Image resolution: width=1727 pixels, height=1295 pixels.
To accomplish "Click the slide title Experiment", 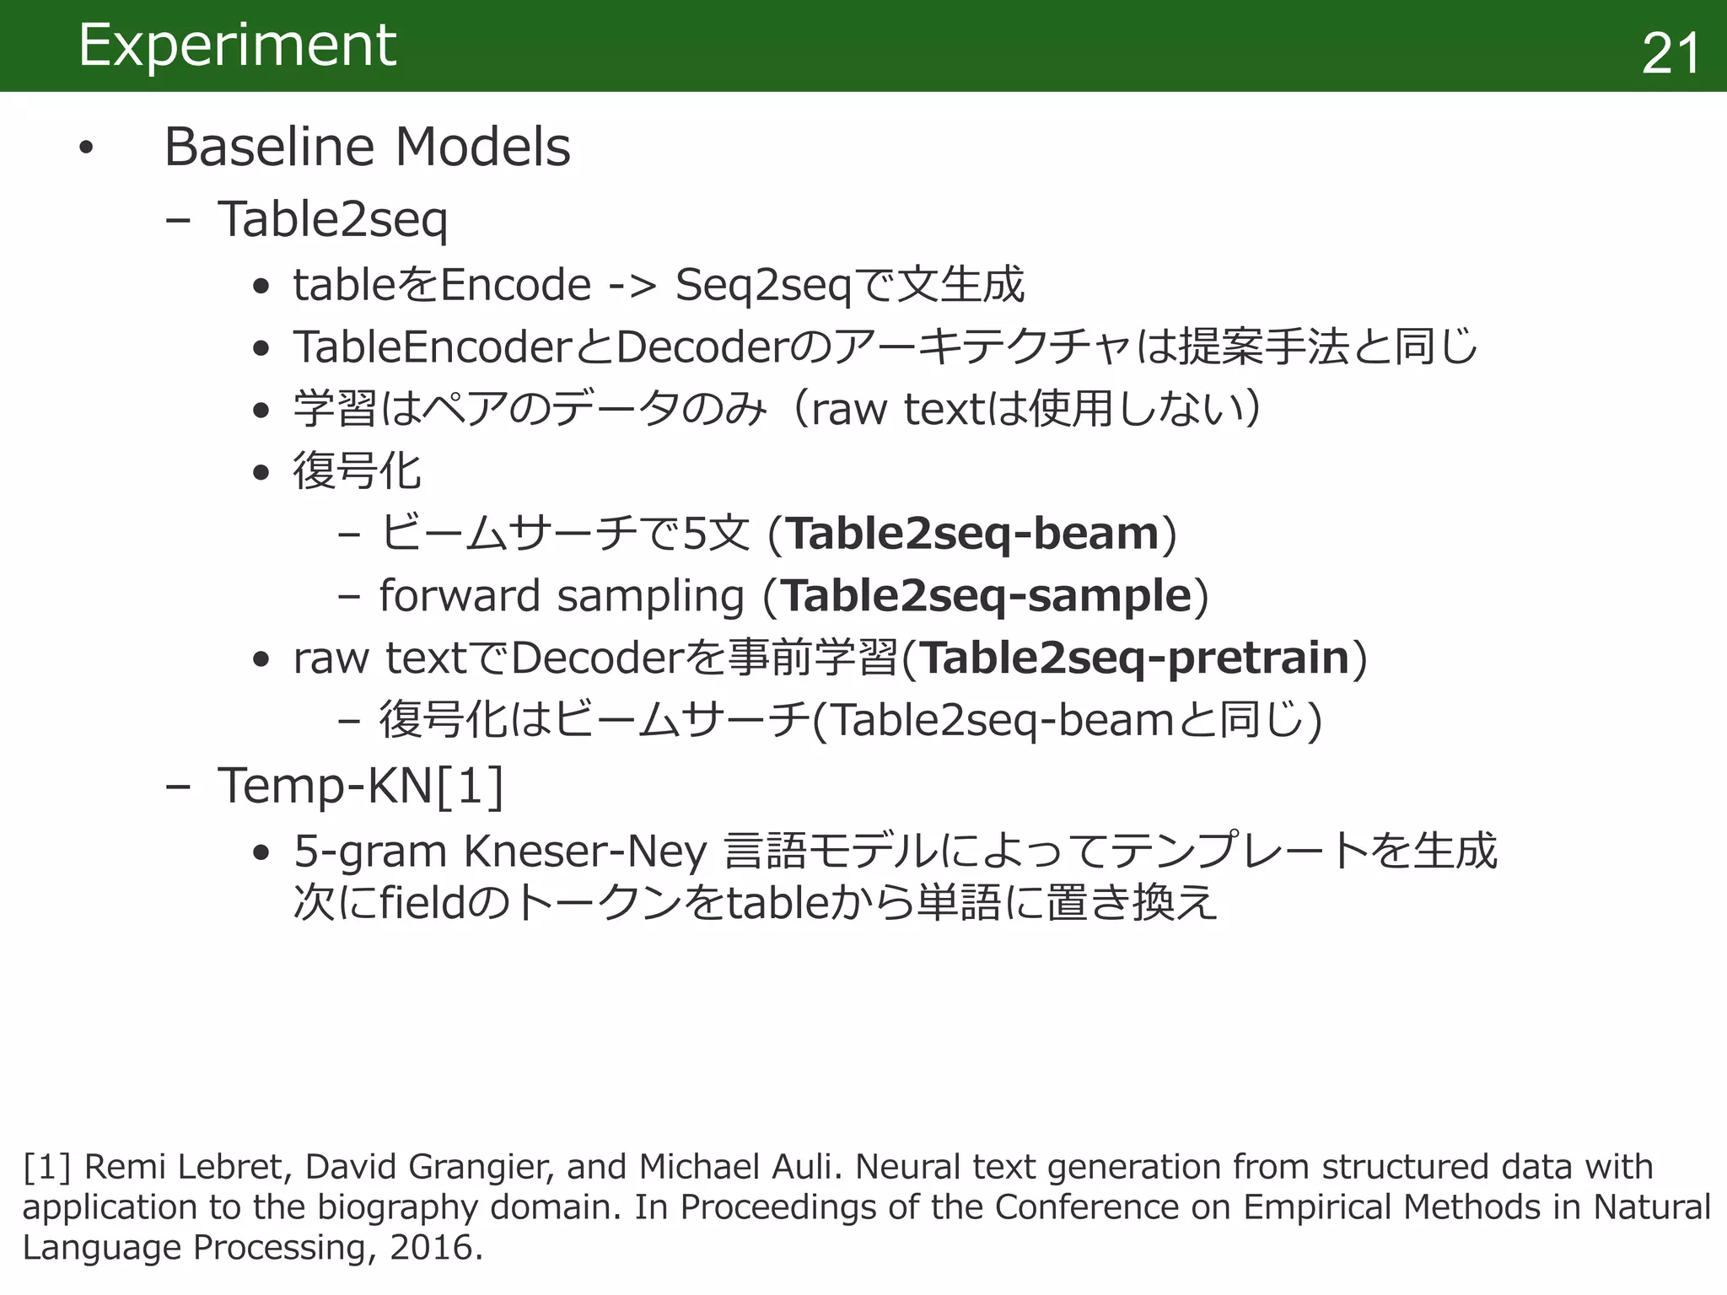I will click(x=237, y=46).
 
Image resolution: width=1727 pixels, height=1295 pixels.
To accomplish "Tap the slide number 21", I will click(x=1671, y=54).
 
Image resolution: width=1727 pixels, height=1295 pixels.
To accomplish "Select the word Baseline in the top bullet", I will click(x=269, y=147).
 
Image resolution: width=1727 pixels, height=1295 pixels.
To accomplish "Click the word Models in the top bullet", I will click(x=482, y=147).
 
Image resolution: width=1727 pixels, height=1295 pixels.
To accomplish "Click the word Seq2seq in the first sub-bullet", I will click(x=763, y=285).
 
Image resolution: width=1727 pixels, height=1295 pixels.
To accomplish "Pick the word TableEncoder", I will click(x=433, y=347).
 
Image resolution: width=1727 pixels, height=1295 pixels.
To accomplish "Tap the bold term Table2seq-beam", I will click(x=973, y=535).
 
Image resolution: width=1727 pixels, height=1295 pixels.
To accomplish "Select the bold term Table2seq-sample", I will click(x=987, y=596).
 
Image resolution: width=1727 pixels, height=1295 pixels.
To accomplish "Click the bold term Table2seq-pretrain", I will click(x=1135, y=658).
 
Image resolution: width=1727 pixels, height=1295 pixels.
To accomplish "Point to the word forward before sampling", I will click(x=460, y=596).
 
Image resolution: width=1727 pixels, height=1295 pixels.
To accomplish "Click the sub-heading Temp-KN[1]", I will click(x=360, y=786).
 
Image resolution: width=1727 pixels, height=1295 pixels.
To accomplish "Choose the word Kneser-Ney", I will click(x=585, y=851).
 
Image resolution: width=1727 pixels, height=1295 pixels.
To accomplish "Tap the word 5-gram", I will click(x=371, y=852).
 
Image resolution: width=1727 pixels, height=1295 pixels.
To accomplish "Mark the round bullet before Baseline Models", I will click(x=85, y=148).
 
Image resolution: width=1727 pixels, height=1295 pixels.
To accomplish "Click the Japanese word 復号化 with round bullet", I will click(x=357, y=471).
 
